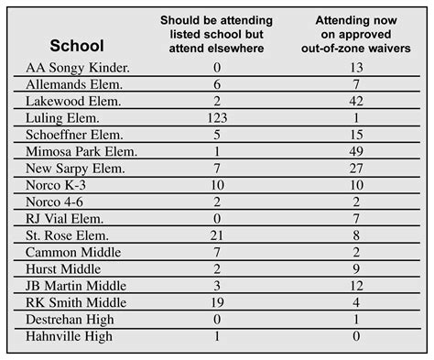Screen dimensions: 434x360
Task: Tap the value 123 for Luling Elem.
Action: tap(217, 118)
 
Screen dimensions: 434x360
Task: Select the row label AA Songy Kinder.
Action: tap(78, 67)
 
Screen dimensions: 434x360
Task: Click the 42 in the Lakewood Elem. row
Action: tap(355, 101)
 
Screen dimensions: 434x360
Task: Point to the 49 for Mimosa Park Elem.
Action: tap(355, 152)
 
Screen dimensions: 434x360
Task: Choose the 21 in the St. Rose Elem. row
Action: tap(217, 235)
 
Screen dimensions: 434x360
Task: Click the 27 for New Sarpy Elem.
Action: tap(355, 169)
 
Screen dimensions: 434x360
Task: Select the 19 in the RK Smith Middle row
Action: tap(217, 303)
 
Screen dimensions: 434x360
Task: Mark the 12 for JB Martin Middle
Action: tap(355, 286)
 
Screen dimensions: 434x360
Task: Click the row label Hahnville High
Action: tap(70, 336)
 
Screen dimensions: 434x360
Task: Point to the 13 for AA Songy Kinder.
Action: tap(355, 67)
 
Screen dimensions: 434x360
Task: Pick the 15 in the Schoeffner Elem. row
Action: tap(355, 135)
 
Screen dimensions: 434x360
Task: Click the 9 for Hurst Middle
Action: tap(355, 269)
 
